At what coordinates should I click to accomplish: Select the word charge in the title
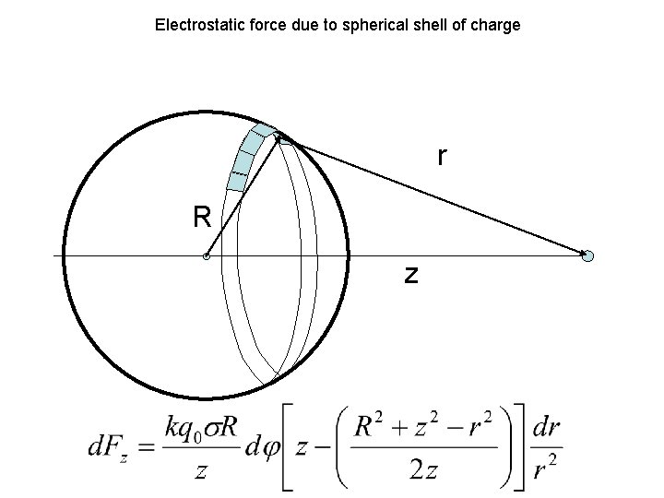click(496, 25)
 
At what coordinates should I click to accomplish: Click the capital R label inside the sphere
click(202, 218)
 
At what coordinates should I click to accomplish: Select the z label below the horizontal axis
click(410, 274)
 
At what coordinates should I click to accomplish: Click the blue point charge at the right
click(588, 255)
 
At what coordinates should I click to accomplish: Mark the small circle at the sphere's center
click(207, 256)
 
